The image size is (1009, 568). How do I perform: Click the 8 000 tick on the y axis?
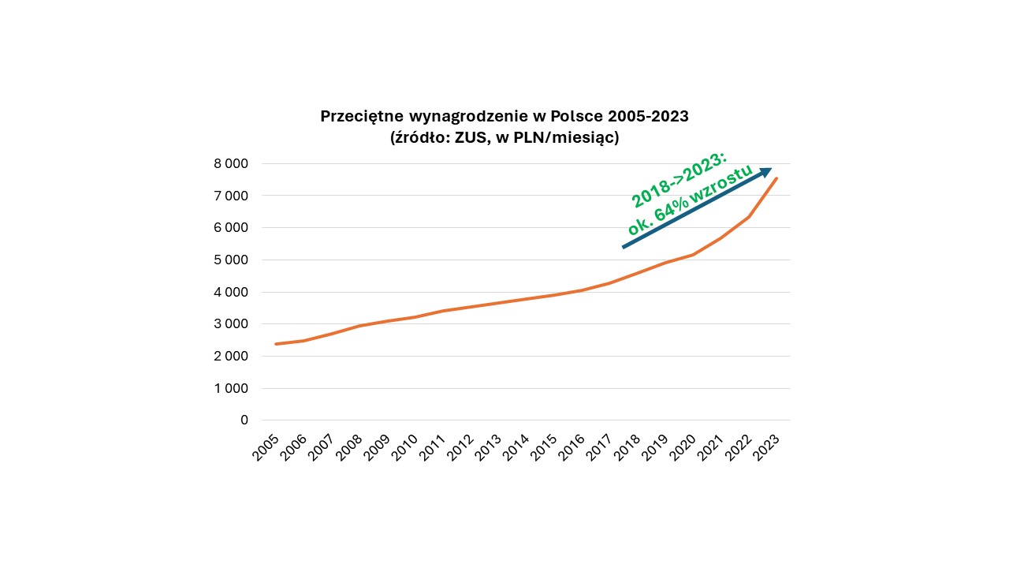232,163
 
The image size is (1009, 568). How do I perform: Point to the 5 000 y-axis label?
232,260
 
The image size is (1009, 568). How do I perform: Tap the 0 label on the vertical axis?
244,420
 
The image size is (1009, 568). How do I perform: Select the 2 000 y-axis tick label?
232,356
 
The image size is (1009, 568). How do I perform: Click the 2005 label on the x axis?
266,447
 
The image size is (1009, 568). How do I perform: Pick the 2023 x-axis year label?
766,447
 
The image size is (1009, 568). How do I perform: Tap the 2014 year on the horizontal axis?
516,447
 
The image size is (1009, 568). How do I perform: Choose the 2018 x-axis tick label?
627,447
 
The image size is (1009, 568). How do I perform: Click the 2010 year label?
404,447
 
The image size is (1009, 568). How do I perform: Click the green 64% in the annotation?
677,207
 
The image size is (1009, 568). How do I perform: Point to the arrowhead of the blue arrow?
766,170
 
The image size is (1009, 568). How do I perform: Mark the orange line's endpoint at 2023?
776,178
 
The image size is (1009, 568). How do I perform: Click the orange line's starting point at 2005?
275,344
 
